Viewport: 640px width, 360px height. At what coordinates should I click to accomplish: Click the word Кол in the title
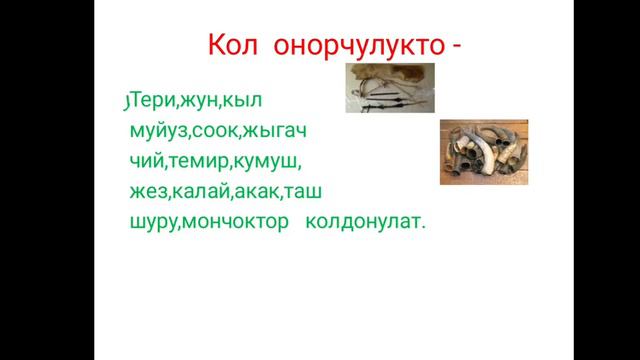pyautogui.click(x=232, y=46)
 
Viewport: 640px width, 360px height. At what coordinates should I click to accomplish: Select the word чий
pyautogui.click(x=145, y=162)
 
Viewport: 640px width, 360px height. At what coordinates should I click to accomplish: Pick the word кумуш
pyautogui.click(x=268, y=162)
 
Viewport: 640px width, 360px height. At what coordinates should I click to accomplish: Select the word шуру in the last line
pyautogui.click(x=153, y=224)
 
